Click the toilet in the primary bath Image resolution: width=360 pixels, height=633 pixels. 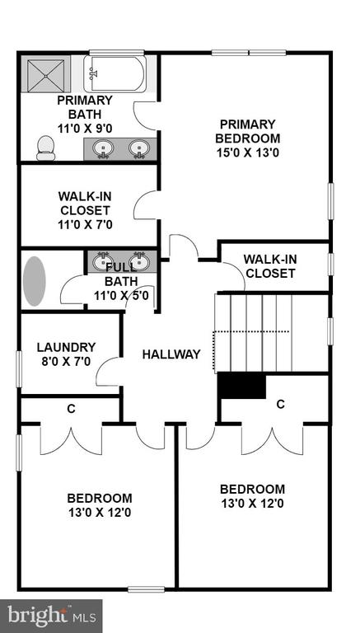(x=45, y=148)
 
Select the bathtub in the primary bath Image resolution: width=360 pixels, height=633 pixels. (x=115, y=74)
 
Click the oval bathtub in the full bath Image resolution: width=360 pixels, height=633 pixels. (x=34, y=281)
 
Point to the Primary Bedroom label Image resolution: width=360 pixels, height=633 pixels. (x=247, y=131)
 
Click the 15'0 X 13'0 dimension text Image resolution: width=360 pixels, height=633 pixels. (x=247, y=153)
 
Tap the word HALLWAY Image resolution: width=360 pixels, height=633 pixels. (x=171, y=354)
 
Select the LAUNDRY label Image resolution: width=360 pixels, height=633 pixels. (x=66, y=347)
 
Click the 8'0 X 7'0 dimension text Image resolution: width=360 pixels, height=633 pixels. (x=66, y=361)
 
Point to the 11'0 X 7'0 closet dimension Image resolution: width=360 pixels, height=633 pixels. (x=85, y=224)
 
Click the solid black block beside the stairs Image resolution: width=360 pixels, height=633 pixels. (x=241, y=387)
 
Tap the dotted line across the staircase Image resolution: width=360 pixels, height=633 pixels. (x=251, y=332)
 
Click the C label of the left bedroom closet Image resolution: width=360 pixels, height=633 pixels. (x=71, y=409)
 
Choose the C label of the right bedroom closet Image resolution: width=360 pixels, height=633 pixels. (x=281, y=404)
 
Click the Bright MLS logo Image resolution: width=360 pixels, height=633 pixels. (x=51, y=616)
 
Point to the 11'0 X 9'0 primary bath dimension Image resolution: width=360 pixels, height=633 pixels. (x=85, y=129)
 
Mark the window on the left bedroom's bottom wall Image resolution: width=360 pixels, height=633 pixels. (x=146, y=589)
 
